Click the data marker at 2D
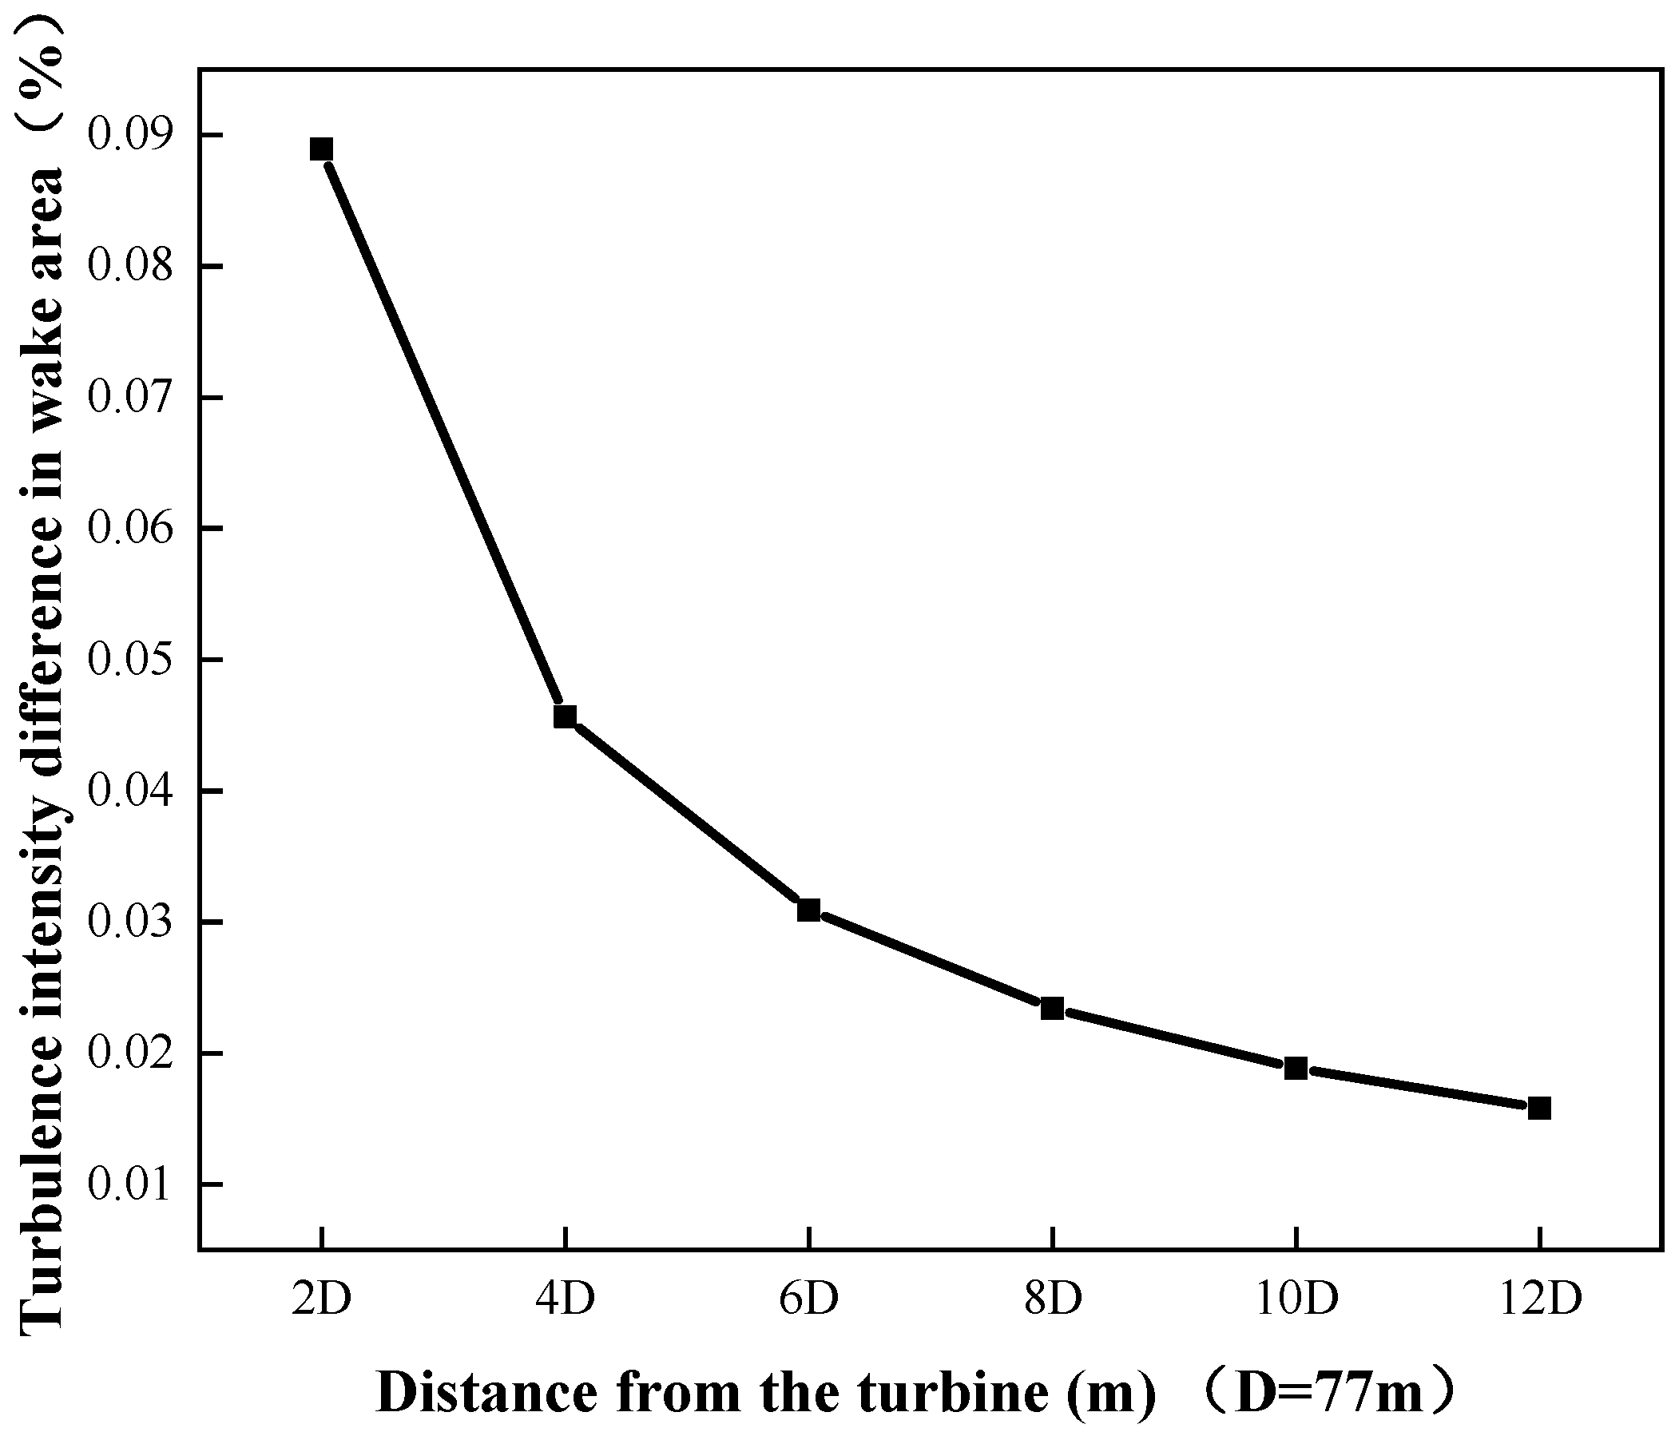point(322,149)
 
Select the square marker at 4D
point(565,716)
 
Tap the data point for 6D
point(808,910)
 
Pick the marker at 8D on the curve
point(1052,1009)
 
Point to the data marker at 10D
point(1296,1068)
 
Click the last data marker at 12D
point(1538,1108)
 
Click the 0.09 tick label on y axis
point(130,134)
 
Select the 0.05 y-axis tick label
point(130,660)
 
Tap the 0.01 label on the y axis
point(130,1185)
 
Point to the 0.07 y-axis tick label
point(130,397)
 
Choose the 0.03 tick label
point(130,922)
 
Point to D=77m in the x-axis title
point(1330,1392)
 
